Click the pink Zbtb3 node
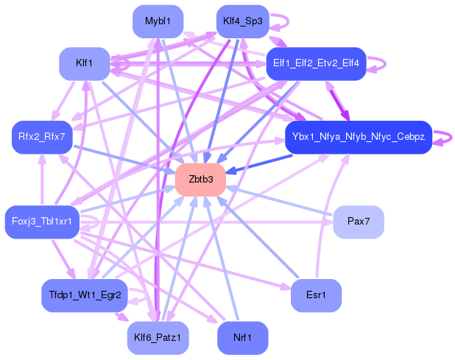tap(200, 180)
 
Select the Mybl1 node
tap(158, 21)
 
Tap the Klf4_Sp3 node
tap(241, 21)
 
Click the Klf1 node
tap(84, 64)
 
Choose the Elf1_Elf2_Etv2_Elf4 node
tap(316, 63)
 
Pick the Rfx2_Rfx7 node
tap(41, 137)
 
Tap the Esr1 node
tap(317, 295)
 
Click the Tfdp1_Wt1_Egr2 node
tap(84, 295)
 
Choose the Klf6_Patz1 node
tap(158, 337)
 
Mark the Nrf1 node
tap(242, 337)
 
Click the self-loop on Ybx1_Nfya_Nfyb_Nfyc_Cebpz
tap(444, 137)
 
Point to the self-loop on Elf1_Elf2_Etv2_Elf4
tap(380, 63)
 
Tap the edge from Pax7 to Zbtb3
tap(280, 200)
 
